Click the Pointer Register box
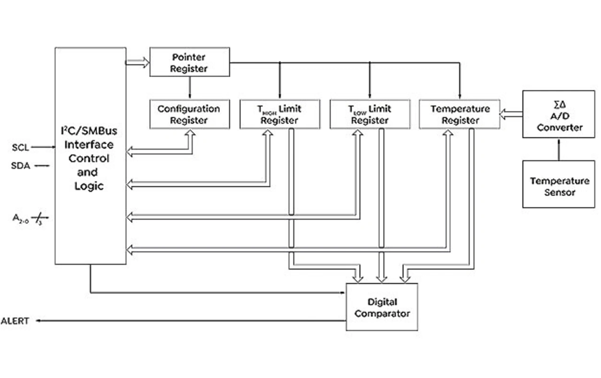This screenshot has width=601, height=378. click(189, 62)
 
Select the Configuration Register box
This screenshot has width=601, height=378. click(189, 114)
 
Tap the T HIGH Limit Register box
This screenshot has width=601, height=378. click(279, 114)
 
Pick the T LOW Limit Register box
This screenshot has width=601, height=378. click(370, 114)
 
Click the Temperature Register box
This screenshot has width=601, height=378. click(459, 114)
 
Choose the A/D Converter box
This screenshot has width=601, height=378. click(559, 114)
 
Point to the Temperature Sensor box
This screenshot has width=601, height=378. click(559, 184)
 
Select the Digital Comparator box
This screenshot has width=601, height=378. click(382, 307)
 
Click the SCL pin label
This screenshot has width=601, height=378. click(20, 148)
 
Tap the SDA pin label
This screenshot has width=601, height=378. click(20, 165)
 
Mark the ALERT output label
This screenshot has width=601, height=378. click(15, 321)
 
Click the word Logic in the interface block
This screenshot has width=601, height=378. click(89, 186)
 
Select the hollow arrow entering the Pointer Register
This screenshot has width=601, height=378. click(138, 62)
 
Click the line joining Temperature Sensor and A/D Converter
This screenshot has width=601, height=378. click(559, 149)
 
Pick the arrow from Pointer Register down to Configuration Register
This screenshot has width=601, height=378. click(189, 88)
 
